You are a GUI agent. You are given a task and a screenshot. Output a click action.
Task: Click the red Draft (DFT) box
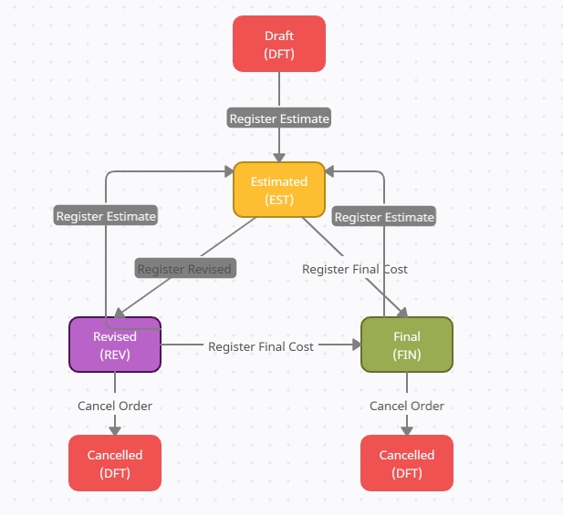279,44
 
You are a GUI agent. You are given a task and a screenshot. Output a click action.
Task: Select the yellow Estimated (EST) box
279,190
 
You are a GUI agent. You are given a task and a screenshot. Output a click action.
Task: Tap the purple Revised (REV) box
115,345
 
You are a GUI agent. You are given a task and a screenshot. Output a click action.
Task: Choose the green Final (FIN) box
407,345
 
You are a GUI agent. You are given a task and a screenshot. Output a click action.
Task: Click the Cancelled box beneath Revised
115,463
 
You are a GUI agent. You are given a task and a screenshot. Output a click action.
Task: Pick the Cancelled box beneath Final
407,463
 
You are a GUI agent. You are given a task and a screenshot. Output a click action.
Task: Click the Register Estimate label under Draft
279,118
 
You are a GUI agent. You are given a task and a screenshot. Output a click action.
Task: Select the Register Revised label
185,269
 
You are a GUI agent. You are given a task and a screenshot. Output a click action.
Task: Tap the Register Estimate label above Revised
106,217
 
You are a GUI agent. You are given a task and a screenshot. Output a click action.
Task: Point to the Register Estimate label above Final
384,217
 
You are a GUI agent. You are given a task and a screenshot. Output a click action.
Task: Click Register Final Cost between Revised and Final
261,346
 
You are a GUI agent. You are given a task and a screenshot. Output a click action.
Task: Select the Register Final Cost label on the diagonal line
355,269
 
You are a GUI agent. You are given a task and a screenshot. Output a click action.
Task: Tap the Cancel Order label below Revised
115,406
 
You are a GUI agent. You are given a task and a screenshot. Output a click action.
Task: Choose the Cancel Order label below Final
407,406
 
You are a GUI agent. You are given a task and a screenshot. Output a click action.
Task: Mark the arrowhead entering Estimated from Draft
279,156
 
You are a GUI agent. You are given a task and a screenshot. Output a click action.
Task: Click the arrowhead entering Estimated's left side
228,171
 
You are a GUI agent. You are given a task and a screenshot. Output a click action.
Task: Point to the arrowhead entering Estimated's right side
331,171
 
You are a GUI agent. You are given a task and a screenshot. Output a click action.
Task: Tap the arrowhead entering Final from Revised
355,345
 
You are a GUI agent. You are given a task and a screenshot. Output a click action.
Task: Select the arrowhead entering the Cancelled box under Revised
115,429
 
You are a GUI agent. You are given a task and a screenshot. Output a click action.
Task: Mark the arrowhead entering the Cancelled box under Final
407,429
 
